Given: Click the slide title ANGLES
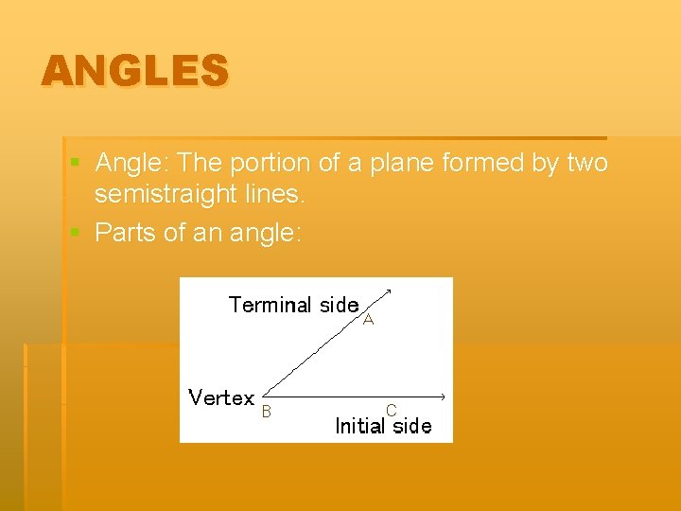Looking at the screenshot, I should (134, 71).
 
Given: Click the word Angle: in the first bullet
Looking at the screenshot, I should (132, 164).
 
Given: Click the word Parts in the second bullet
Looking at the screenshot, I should (126, 232).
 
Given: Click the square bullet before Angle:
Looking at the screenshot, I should (76, 164).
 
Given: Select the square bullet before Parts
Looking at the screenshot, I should (76, 232).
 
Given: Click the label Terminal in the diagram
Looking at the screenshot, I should (270, 305).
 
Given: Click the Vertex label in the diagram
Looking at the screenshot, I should (221, 398).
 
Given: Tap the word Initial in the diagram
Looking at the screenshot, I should (360, 426).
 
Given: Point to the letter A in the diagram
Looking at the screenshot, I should (369, 321).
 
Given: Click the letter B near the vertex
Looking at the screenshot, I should (267, 412).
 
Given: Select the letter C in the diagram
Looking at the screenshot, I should (391, 411).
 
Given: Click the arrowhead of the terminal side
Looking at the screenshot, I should (390, 291).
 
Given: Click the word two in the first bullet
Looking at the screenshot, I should (587, 164).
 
